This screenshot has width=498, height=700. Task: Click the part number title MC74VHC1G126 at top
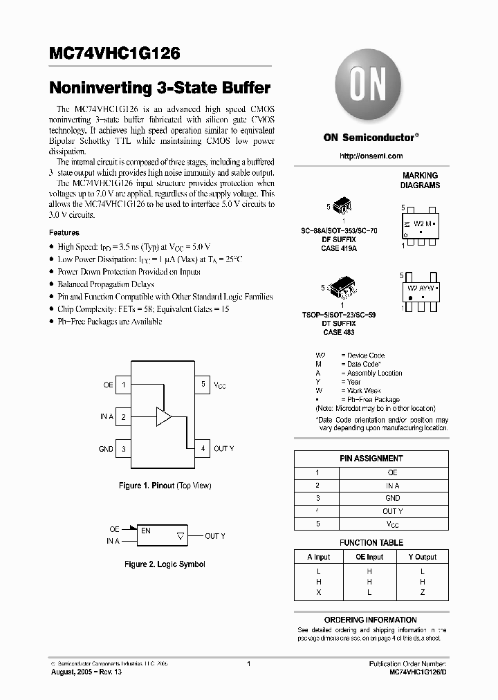click(115, 53)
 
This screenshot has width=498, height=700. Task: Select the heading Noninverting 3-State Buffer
click(160, 89)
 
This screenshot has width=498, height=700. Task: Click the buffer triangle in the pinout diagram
click(163, 417)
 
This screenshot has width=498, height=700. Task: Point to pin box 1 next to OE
click(124, 385)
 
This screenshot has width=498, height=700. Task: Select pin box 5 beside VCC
click(203, 385)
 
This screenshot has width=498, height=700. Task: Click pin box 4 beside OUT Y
click(203, 449)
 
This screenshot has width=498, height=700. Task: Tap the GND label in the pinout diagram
click(106, 449)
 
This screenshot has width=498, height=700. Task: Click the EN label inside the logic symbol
click(146, 531)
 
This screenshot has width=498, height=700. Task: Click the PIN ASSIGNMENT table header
click(371, 459)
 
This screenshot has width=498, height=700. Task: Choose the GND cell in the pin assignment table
click(392, 498)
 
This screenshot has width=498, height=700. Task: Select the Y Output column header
click(422, 557)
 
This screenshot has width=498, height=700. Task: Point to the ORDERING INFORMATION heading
click(371, 620)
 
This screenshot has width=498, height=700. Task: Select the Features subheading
click(64, 233)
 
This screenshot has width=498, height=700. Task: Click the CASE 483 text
click(338, 333)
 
